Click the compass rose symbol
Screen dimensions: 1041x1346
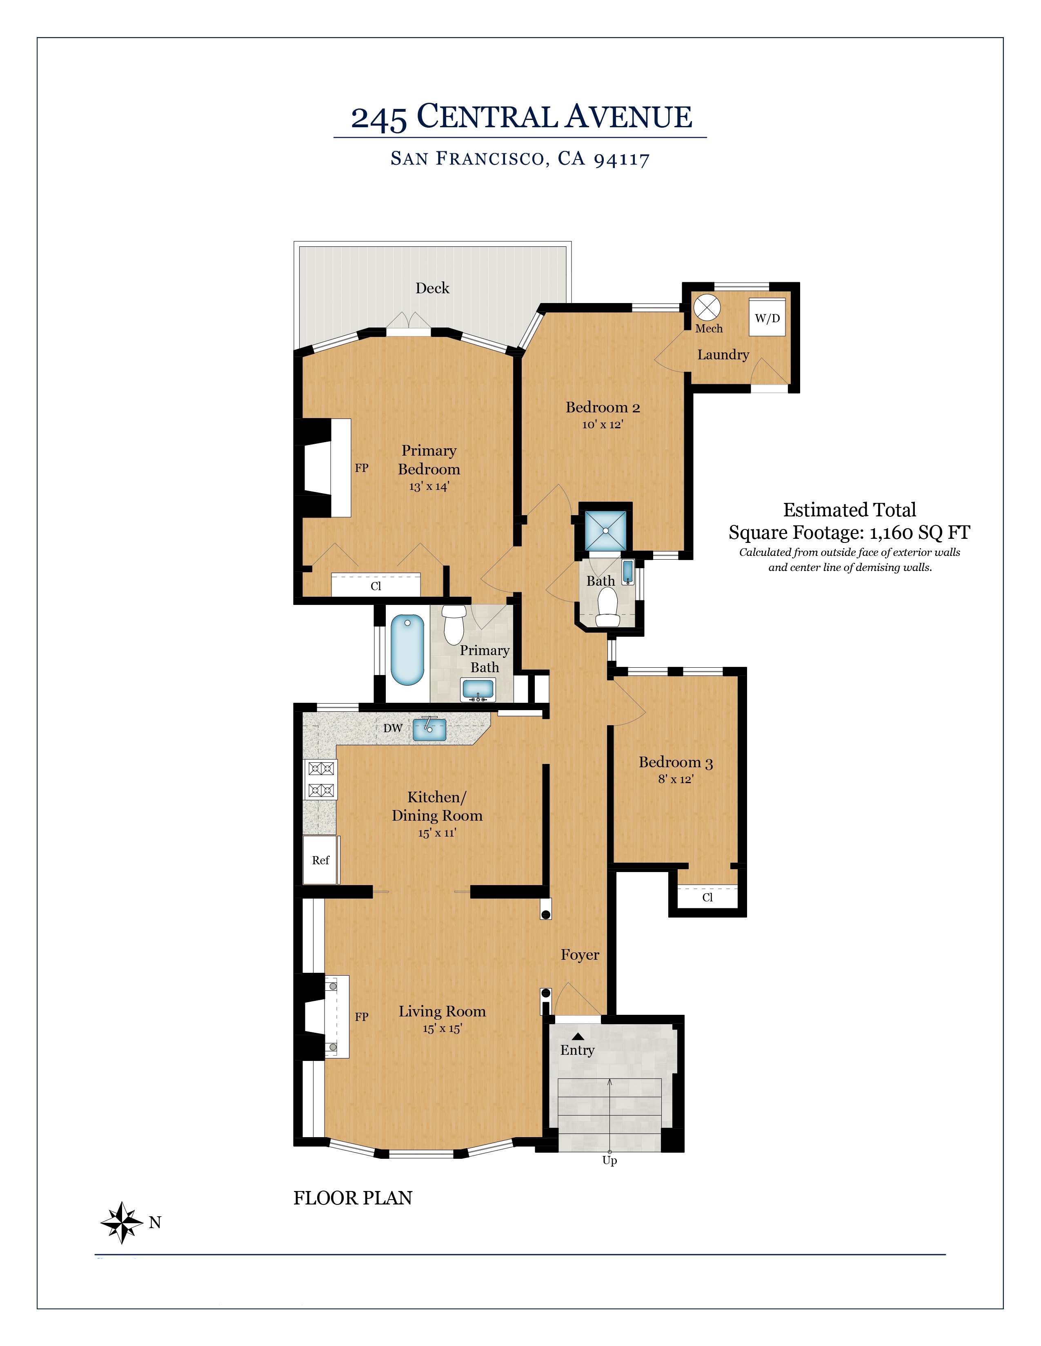point(122,1223)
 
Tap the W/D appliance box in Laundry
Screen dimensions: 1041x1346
point(767,317)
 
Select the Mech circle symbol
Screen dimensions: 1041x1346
point(707,308)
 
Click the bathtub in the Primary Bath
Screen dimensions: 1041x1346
point(408,650)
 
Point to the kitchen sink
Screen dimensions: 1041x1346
point(429,729)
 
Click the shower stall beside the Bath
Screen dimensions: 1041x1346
point(605,530)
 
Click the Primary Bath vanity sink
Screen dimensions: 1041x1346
point(478,689)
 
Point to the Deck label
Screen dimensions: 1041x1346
point(432,288)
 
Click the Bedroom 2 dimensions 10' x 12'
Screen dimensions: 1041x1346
point(603,424)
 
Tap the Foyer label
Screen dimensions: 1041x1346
point(580,955)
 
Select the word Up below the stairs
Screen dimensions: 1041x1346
point(609,1160)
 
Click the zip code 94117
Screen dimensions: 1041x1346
point(622,159)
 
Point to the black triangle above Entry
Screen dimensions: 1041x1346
point(578,1036)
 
